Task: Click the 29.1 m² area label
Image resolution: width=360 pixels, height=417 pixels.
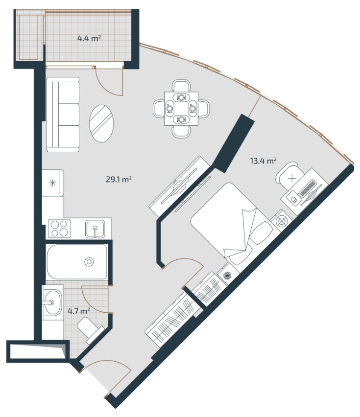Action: click(x=119, y=180)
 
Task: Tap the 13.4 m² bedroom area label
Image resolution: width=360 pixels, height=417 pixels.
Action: click(x=263, y=161)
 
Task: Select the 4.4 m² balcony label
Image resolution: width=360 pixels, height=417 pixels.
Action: click(x=89, y=38)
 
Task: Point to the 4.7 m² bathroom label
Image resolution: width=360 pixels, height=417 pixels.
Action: click(x=78, y=311)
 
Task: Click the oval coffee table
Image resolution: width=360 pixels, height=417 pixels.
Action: click(x=102, y=124)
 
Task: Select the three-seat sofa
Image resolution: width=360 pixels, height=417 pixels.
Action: click(x=63, y=115)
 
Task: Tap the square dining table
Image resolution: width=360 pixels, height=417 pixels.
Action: click(x=181, y=109)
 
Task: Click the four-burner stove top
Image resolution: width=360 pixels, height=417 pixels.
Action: click(x=59, y=229)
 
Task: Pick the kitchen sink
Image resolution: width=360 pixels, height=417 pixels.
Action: click(x=95, y=229)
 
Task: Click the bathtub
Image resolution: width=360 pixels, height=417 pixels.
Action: click(x=77, y=262)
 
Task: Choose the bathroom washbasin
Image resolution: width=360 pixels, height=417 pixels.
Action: click(x=53, y=302)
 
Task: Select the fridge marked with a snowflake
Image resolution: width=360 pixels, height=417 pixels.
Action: click(x=53, y=183)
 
